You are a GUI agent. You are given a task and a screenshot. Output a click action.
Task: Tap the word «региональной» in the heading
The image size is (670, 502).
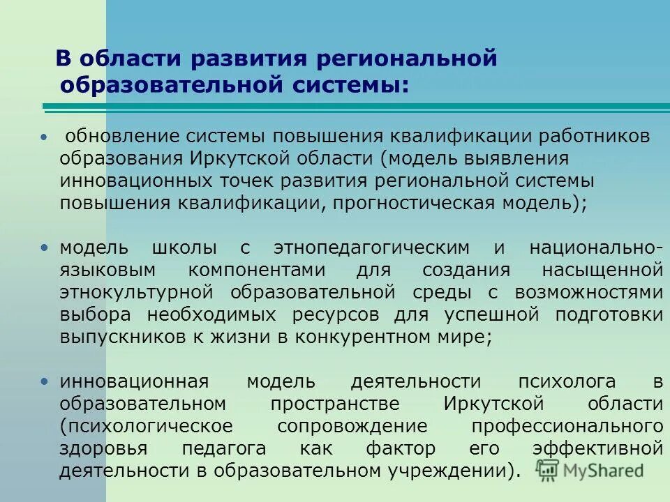[407, 59]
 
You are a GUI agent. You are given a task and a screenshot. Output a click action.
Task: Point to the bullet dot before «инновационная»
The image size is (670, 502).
[45, 381]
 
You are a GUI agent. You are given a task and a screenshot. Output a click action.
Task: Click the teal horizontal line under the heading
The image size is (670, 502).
[349, 106]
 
